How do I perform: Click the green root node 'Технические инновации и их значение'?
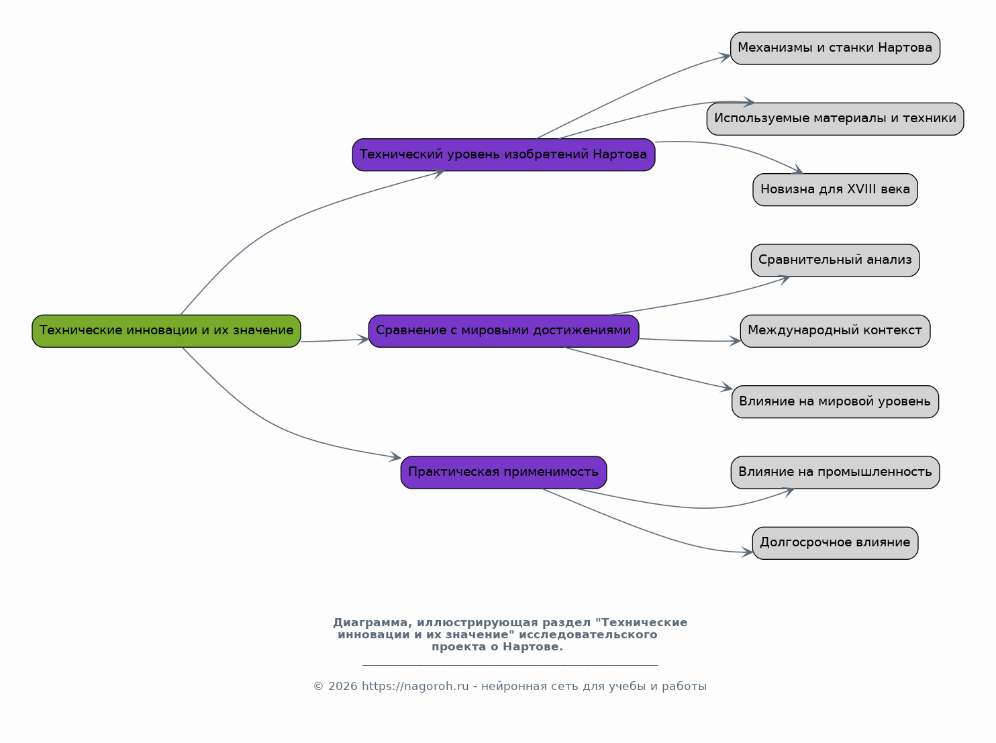pos(166,331)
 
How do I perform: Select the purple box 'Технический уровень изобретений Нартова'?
pos(503,154)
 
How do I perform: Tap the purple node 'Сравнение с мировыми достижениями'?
pos(503,331)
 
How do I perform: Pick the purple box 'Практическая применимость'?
pos(503,473)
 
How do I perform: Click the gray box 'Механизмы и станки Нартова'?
pos(835,48)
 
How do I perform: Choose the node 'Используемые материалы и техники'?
pos(835,119)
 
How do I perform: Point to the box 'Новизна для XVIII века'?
pos(835,189)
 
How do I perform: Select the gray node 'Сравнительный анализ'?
pos(835,260)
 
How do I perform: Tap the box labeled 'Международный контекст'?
pos(835,331)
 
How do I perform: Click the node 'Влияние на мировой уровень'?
pos(835,402)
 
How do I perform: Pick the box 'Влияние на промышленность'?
pos(835,473)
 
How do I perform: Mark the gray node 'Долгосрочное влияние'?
pos(835,544)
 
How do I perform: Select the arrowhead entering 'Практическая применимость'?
pos(396,457)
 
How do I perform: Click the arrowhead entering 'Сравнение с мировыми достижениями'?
pos(364,340)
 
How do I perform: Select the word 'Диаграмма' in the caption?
pos(372,623)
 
